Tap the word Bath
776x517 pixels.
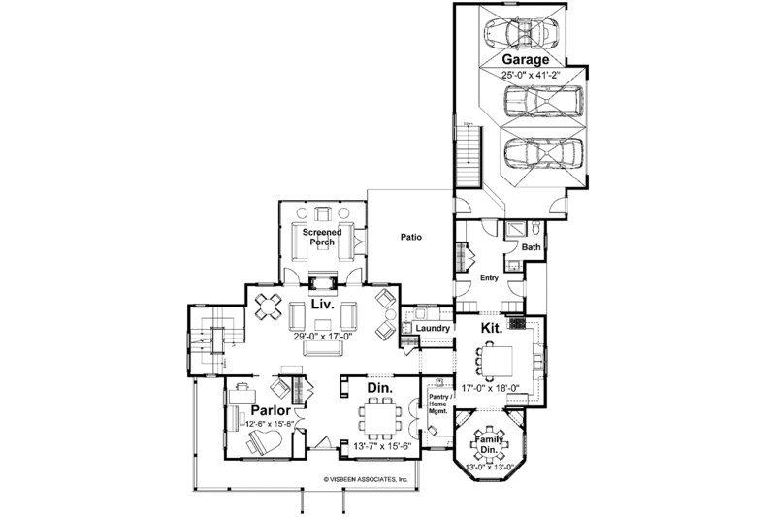pos(531,247)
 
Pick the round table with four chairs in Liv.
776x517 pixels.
pos(268,307)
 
